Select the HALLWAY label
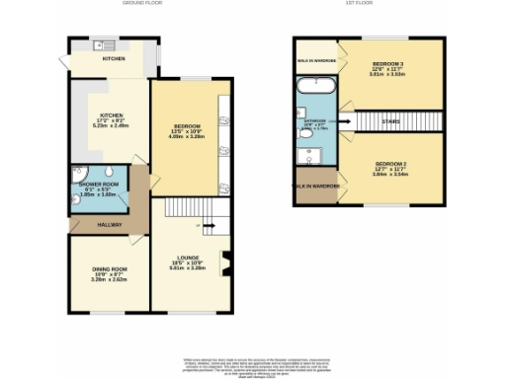tap(110, 226)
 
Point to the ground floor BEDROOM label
tap(188, 126)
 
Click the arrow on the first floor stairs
tap(346, 122)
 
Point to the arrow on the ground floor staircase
tap(209, 225)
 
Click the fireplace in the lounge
tap(227, 263)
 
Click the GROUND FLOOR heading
tap(141, 4)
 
